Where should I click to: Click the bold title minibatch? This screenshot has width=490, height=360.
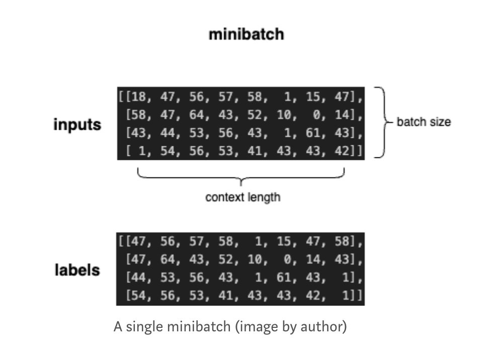[247, 35]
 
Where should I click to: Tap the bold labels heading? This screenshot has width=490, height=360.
[77, 270]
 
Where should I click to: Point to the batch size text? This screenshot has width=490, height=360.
[424, 122]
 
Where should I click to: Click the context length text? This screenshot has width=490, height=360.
[242, 197]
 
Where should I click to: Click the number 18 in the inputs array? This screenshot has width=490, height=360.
[137, 97]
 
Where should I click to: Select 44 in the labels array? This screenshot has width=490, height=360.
[137, 278]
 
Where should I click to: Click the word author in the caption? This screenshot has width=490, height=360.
[325, 327]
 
